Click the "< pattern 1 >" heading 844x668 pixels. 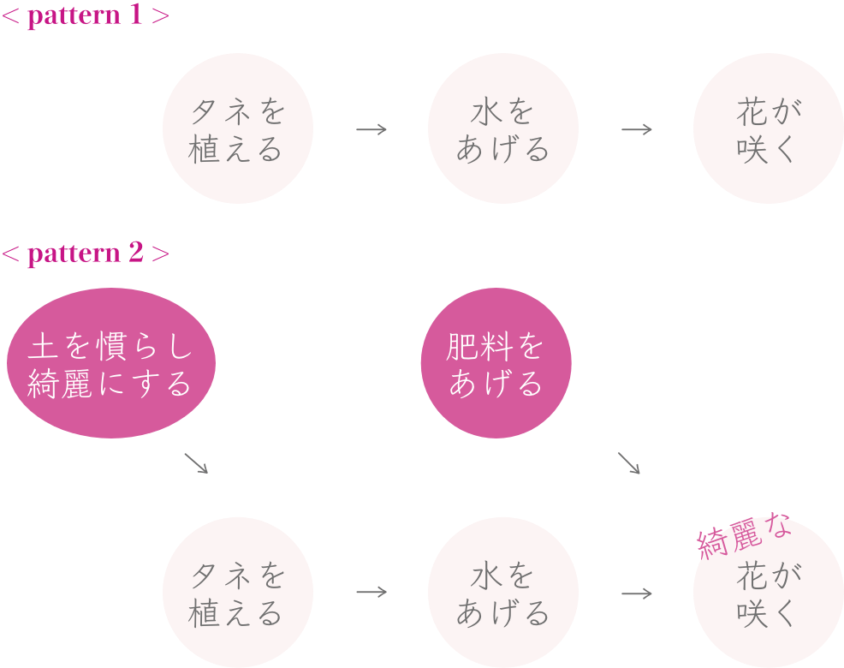[x=86, y=17]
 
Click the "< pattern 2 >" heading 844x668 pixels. [x=86, y=254]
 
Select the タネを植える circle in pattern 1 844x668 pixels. [x=237, y=129]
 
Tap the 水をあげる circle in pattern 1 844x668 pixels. [x=502, y=129]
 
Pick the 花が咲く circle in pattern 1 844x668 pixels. [x=768, y=129]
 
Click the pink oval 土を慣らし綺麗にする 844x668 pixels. [x=111, y=364]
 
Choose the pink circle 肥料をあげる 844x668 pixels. [x=496, y=364]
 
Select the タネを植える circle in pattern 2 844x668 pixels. [x=237, y=593]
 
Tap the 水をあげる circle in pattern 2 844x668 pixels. [x=502, y=593]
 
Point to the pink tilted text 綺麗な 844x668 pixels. [x=743, y=537]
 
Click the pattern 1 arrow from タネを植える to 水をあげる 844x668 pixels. [x=371, y=129]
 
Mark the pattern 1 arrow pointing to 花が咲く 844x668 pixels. [x=637, y=129]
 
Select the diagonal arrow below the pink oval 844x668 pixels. [x=196, y=463]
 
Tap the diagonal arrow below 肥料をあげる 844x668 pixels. [x=629, y=463]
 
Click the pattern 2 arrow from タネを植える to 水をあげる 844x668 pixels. [x=371, y=593]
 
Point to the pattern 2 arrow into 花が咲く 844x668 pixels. [x=637, y=593]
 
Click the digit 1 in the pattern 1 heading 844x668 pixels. [x=135, y=17]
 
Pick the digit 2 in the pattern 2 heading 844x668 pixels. [x=135, y=254]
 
